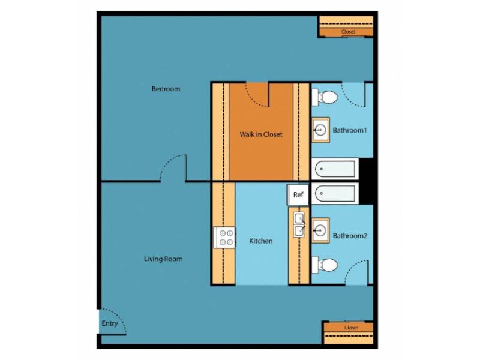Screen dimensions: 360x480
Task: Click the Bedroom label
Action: [166, 89]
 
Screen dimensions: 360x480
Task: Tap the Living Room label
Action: [163, 259]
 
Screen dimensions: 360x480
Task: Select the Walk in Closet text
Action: [260, 134]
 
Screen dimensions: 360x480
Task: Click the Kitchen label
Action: [261, 241]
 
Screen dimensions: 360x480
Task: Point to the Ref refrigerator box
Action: [298, 194]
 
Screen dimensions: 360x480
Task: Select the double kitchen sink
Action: [299, 224]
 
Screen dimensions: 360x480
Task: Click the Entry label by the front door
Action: [110, 323]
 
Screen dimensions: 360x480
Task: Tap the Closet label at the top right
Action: [348, 32]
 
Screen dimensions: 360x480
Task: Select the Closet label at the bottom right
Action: [352, 328]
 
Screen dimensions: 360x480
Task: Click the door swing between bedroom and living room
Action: [173, 168]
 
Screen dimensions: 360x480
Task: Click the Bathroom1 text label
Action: [350, 129]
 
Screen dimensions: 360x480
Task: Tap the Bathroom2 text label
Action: [350, 236]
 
